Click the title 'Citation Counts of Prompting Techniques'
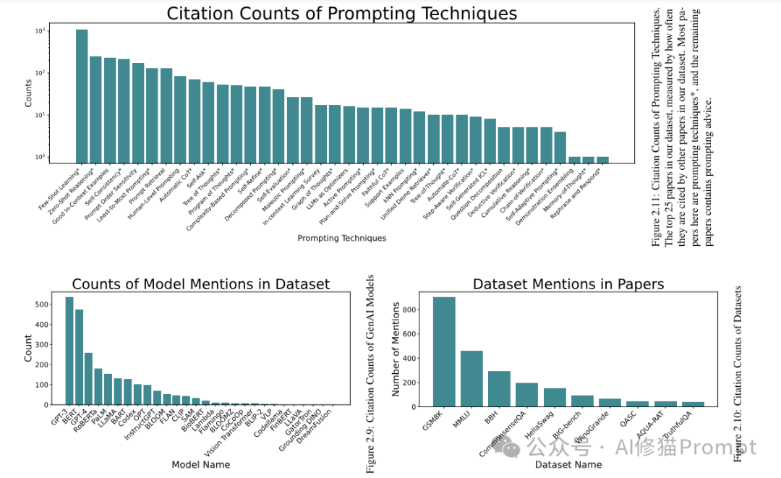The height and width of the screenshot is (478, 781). (x=342, y=13)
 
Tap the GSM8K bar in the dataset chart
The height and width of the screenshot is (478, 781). (x=444, y=351)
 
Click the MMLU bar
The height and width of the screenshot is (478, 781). (x=471, y=378)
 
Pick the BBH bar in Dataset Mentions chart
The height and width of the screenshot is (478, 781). (x=499, y=388)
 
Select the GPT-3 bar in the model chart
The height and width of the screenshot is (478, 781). (x=69, y=351)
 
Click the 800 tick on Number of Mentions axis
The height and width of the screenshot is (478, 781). (x=411, y=310)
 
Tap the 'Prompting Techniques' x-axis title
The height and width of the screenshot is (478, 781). (x=342, y=238)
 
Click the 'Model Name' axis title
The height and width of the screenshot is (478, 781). (x=200, y=464)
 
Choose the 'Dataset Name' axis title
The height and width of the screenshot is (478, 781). (x=568, y=464)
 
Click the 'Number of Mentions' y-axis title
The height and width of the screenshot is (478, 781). (x=396, y=349)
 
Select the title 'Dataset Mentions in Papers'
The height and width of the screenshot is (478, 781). (x=568, y=284)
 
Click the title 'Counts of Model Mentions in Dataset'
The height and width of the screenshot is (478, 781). (x=200, y=284)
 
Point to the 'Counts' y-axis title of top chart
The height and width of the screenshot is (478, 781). (x=29, y=93)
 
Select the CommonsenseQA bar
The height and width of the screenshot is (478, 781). (x=526, y=394)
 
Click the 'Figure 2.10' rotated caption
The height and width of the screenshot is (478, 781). (x=738, y=373)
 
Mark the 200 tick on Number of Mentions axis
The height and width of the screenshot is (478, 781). (x=411, y=383)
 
